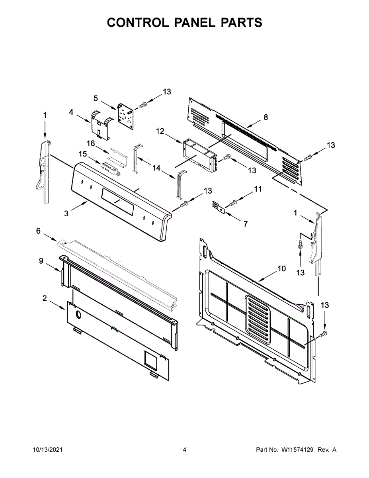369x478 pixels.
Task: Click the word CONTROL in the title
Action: (x=138, y=23)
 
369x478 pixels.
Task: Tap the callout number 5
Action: (x=96, y=98)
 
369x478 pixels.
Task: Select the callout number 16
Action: (x=90, y=143)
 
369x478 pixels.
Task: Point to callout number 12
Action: (x=160, y=131)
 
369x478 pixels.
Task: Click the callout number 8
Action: (x=266, y=117)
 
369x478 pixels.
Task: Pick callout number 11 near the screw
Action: (x=258, y=189)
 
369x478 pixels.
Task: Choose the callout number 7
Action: (x=246, y=224)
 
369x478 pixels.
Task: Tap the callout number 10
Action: (x=282, y=268)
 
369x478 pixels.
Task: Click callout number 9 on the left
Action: (x=41, y=261)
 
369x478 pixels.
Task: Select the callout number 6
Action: (x=38, y=231)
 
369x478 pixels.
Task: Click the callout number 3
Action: (x=66, y=213)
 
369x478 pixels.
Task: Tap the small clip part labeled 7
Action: (x=219, y=207)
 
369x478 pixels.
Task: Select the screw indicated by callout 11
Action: (x=233, y=203)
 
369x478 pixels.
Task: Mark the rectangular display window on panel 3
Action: (x=117, y=202)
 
